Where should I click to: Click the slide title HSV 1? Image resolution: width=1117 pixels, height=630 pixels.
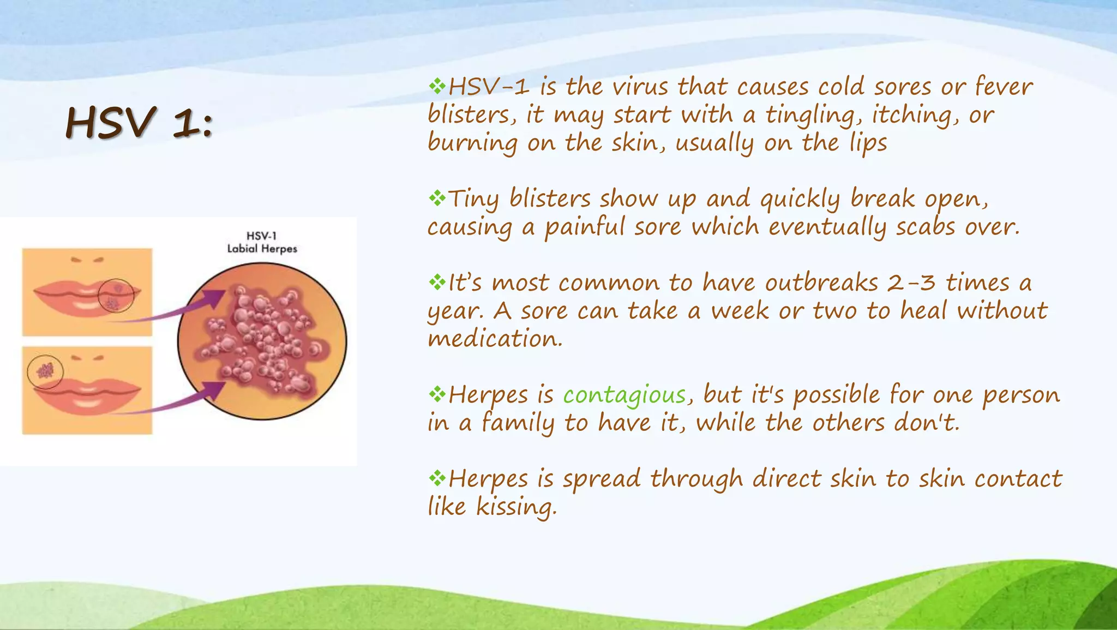[x=139, y=122]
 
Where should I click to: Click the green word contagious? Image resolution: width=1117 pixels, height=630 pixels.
[x=624, y=395]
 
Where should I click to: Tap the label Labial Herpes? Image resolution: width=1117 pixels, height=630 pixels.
[x=262, y=249]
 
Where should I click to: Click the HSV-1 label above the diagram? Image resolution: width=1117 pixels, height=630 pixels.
[x=262, y=236]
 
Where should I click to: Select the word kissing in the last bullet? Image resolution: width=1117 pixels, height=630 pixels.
[x=516, y=507]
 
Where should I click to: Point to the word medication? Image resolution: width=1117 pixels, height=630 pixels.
[x=494, y=339]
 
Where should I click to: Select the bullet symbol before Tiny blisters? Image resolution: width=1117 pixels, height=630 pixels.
[x=437, y=198]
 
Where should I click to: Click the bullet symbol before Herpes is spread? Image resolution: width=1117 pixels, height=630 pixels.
[x=437, y=478]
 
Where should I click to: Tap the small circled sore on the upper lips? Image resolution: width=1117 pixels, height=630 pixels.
[x=116, y=295]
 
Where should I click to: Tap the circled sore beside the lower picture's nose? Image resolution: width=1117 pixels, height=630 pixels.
[x=45, y=371]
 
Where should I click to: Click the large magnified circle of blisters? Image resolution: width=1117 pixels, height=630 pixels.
[x=262, y=341]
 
